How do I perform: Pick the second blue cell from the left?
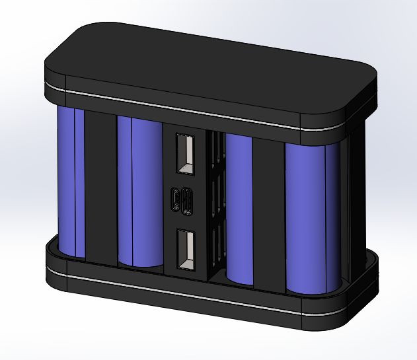pyautogui.click(x=140, y=192)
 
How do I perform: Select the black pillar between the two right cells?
pyautogui.click(x=268, y=211)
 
